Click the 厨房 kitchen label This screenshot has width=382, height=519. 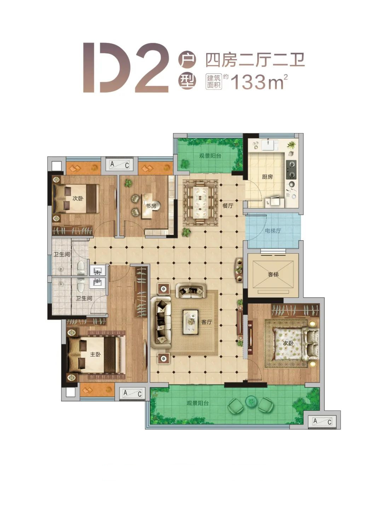pos(267,177)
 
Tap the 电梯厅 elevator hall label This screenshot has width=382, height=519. pos(273,231)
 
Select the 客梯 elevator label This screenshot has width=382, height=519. pos(273,275)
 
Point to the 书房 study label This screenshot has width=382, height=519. pos(151,206)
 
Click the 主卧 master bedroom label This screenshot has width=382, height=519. pos(95,354)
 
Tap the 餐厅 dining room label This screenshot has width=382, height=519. pos(228,206)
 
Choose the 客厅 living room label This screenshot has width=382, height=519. pos(207,322)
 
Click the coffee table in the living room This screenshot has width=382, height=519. pos(191,322)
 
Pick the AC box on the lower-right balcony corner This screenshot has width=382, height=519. pos(322,421)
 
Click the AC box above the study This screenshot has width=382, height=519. pos(120,165)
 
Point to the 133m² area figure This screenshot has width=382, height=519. pos(260,82)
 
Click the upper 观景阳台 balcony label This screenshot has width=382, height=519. pos(210,156)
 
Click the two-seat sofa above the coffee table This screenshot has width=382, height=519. pos(191,291)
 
